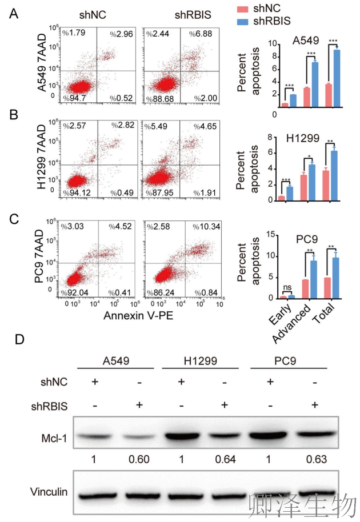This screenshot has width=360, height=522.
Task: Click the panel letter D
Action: (x=19, y=339)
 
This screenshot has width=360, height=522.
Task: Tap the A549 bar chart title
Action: (x=306, y=41)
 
